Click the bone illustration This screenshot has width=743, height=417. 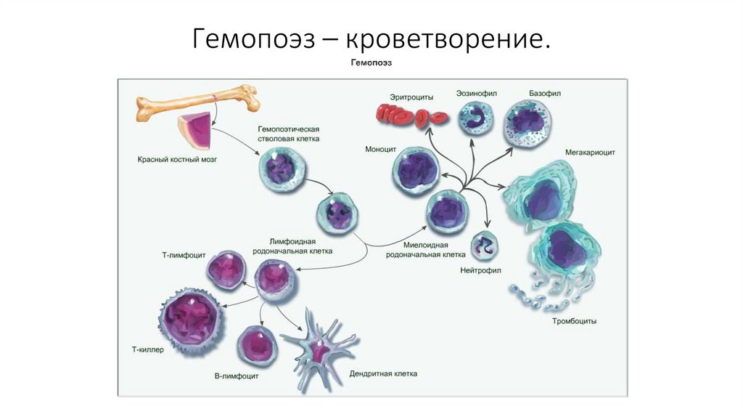(x=196, y=102)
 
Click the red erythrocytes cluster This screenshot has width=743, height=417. (x=411, y=113)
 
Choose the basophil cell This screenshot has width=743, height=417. (x=528, y=121)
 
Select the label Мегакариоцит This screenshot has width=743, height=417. (x=591, y=153)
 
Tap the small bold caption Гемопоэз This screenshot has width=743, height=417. (x=371, y=63)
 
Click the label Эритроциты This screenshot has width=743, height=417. (x=411, y=95)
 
